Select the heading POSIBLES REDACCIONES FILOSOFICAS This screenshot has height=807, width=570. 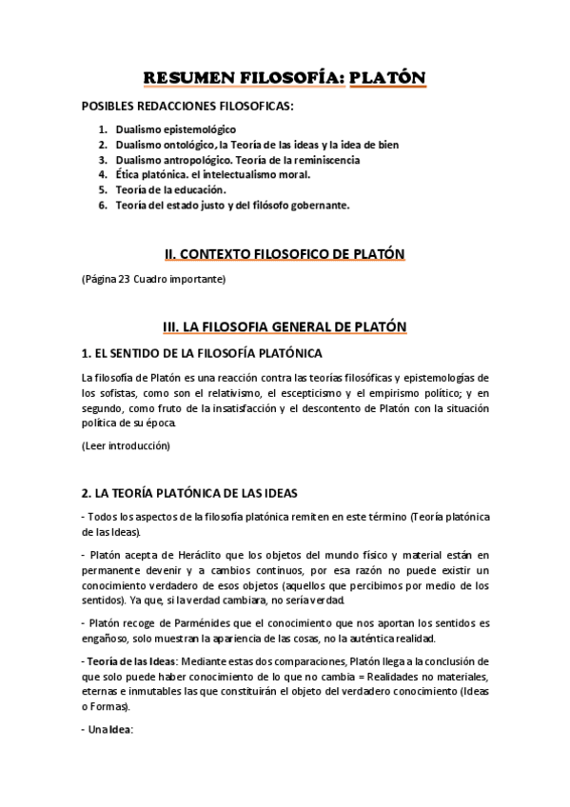(x=188, y=107)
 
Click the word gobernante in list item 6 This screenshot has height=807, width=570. (x=319, y=205)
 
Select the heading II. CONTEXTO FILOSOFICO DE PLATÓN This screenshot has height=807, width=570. (x=285, y=253)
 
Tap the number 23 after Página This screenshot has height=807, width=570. (x=125, y=280)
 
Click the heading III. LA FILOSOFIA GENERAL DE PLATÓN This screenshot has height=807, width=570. (x=285, y=326)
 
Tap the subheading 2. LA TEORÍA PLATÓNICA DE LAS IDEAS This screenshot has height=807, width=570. (x=190, y=493)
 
